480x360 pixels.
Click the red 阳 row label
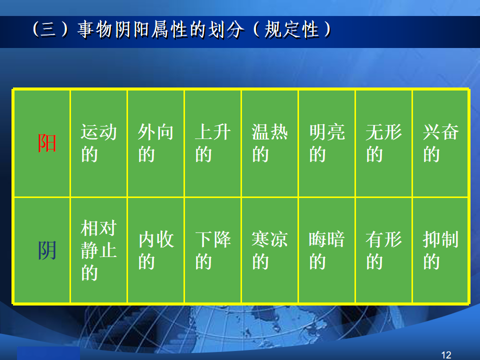click(47, 143)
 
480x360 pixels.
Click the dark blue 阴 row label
click(47, 250)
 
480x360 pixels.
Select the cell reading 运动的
click(98, 143)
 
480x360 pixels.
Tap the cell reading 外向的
click(155, 143)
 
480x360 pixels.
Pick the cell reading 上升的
click(213, 143)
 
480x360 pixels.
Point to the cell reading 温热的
click(269, 143)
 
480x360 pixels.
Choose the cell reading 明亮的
click(327, 143)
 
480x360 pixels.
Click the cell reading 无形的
click(384, 143)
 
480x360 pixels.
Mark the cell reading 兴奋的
click(441, 143)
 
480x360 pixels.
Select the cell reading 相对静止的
click(98, 250)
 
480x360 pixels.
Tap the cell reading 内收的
click(155, 250)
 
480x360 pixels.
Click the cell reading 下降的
click(213, 250)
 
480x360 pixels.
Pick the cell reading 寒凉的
click(269, 250)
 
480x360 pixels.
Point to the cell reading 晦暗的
click(327, 250)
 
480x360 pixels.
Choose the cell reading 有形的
click(384, 250)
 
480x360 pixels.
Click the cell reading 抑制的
click(441, 250)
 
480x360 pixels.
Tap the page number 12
click(446, 355)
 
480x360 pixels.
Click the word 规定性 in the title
click(291, 29)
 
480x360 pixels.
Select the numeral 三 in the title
click(48, 29)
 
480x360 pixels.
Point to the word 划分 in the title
click(226, 29)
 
